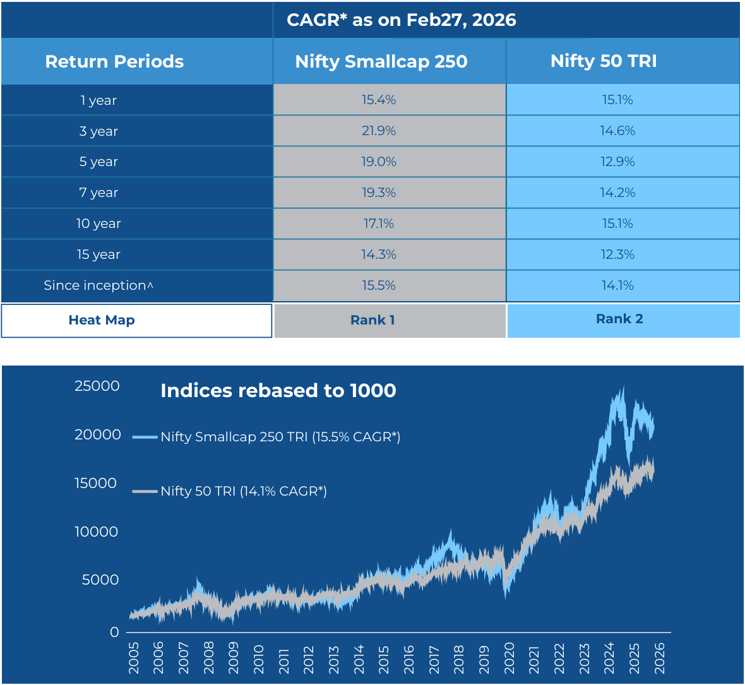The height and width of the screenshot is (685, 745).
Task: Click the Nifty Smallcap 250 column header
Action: [x=381, y=61]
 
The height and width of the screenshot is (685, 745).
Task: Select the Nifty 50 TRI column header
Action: [x=604, y=61]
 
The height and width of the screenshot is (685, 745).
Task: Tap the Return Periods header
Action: [x=114, y=61]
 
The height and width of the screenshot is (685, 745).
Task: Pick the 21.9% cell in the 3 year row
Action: [x=379, y=131]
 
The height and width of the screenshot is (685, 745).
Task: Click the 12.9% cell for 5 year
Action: [x=617, y=162]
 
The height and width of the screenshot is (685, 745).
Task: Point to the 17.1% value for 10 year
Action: [x=379, y=223]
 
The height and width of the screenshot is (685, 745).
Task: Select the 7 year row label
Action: [x=98, y=193]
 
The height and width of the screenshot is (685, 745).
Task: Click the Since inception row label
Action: [x=98, y=285]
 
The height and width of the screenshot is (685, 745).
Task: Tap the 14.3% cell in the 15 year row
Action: [x=379, y=254]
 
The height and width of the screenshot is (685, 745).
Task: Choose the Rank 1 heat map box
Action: [x=372, y=320]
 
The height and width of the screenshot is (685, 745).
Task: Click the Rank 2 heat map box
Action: [x=619, y=319]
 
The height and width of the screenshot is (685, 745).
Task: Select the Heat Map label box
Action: [x=102, y=320]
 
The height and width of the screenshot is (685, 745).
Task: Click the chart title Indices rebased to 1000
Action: [x=278, y=391]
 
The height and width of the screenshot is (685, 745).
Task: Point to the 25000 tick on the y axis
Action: [x=97, y=386]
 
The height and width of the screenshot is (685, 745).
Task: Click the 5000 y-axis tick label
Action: [x=100, y=580]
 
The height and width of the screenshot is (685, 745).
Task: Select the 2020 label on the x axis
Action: [x=510, y=658]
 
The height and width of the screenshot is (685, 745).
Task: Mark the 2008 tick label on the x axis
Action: [x=209, y=658]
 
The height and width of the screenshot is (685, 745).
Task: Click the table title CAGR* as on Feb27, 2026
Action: [x=402, y=20]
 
